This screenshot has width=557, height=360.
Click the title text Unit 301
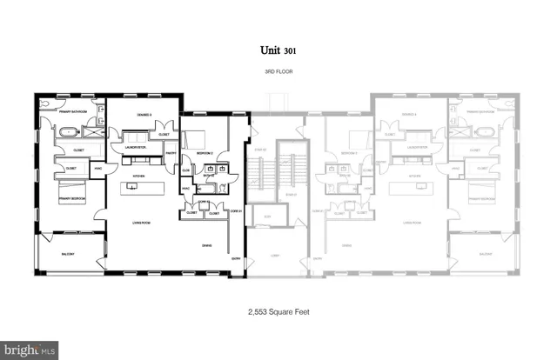[x=278, y=51]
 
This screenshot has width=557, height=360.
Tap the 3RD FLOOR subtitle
[x=278, y=71]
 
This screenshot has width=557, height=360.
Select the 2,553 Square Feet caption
[x=278, y=311]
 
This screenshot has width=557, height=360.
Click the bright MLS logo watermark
[x=29, y=350]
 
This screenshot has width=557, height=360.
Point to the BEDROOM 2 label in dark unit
[x=205, y=151]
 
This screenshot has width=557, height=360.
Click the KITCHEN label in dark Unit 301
[x=138, y=175]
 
